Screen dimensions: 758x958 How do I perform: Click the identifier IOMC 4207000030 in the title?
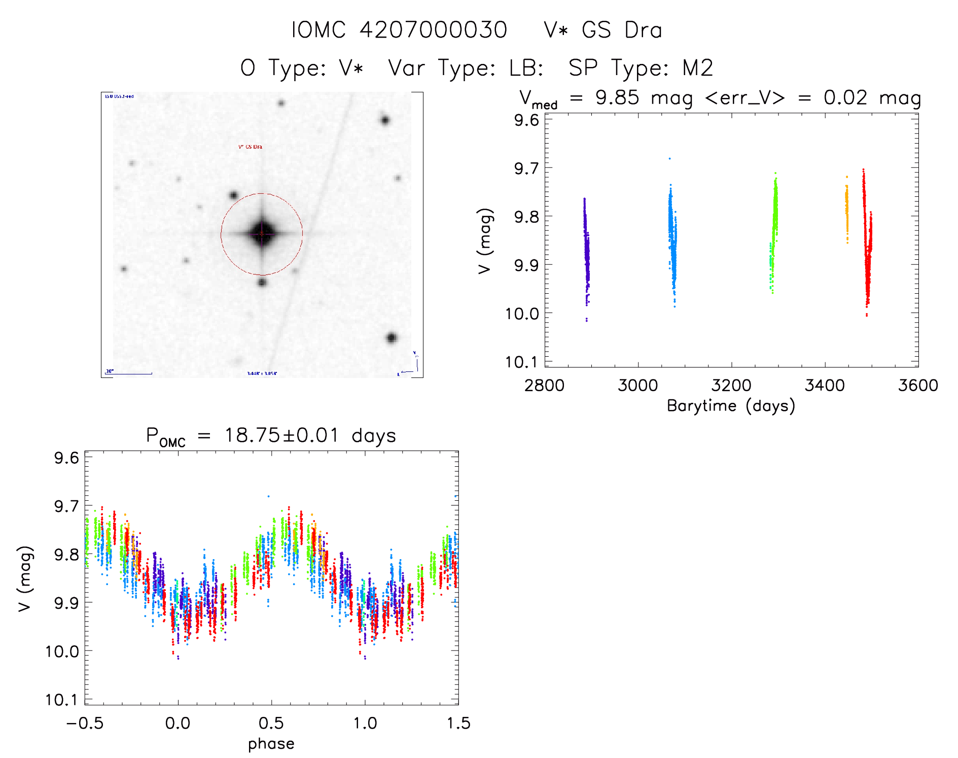pos(399,30)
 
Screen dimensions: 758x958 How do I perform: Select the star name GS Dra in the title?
pos(622,30)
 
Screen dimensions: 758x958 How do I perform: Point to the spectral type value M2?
pos(698,68)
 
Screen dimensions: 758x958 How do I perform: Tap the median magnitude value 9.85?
pos(617,98)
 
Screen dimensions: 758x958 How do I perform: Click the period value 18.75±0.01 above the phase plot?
pos(281,435)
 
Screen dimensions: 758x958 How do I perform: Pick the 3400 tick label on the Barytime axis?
pos(825,386)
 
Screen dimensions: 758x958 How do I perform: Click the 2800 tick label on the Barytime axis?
pos(544,386)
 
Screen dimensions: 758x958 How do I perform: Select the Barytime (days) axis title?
pos(731,406)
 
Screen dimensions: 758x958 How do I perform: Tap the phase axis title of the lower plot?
pos(271,744)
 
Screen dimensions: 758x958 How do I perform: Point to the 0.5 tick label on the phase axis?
pos(271,723)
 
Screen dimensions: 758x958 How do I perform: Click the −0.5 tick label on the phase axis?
pos(85,723)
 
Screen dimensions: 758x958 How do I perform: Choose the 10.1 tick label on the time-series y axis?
pos(521,362)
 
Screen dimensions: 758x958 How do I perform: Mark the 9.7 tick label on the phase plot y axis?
pos(66,506)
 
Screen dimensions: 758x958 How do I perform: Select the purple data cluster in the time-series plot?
pos(586,249)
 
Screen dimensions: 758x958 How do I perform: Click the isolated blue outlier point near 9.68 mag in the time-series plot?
pos(669,159)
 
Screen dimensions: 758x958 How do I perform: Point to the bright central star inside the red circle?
pos(262,234)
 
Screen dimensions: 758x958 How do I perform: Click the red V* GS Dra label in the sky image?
pos(250,147)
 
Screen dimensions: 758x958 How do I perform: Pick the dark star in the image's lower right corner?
pos(391,338)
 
